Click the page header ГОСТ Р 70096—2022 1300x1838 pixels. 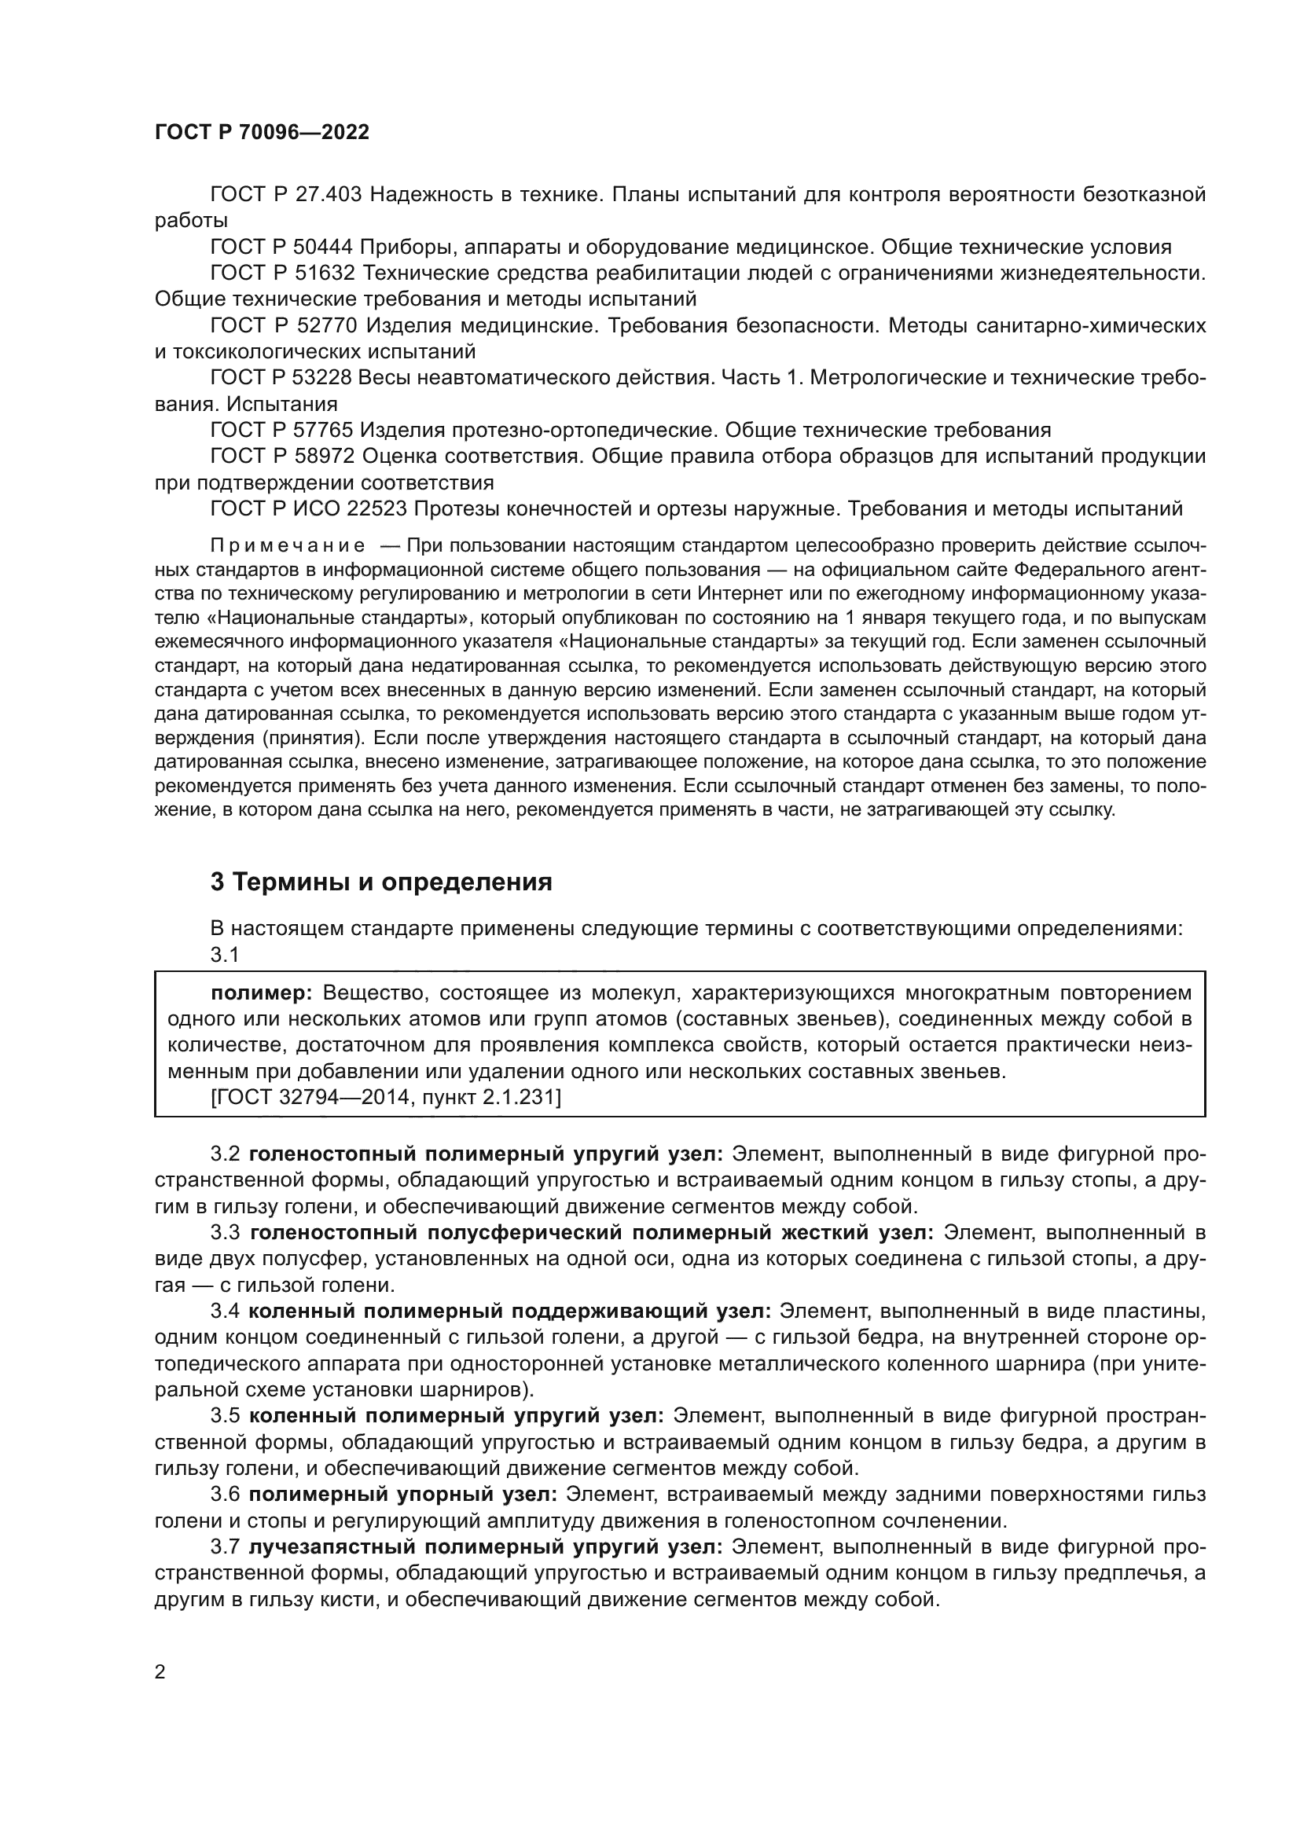pos(262,133)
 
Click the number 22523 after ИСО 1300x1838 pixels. pos(380,509)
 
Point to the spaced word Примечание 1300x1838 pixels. pos(288,547)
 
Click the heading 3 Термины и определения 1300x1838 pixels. pos(381,882)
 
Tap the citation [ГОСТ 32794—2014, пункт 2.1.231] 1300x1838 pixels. pos(386,1097)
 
